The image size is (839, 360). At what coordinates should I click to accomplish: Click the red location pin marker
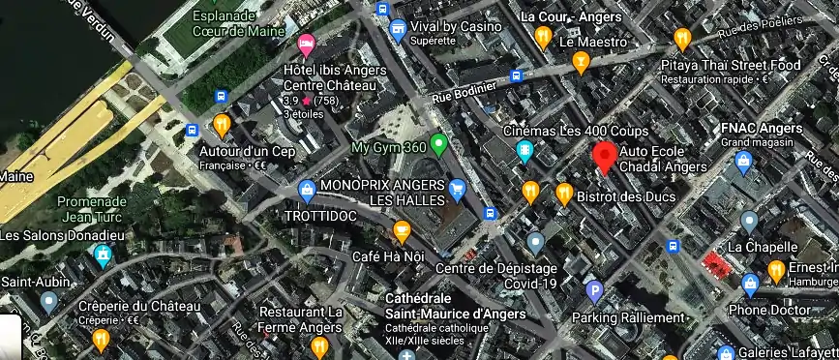tap(605, 156)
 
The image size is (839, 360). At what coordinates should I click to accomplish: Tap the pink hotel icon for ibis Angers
tap(307, 43)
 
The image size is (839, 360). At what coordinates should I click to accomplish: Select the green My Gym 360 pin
tap(438, 145)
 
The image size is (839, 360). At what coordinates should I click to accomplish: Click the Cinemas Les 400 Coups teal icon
tap(524, 150)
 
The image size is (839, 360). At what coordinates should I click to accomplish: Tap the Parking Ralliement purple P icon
tap(595, 289)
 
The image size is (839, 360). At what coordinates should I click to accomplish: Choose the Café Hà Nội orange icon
tap(401, 230)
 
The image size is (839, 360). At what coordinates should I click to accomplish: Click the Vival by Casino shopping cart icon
tap(397, 31)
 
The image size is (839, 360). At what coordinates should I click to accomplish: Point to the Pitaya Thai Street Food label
tap(730, 65)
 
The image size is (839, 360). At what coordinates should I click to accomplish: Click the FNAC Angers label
tap(762, 129)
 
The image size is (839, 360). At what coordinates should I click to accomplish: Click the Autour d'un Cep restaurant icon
tap(222, 125)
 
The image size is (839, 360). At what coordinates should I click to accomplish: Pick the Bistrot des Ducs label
tap(623, 196)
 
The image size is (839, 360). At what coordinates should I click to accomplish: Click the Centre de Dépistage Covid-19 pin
tap(535, 242)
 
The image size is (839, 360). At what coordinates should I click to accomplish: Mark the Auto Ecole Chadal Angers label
tap(663, 159)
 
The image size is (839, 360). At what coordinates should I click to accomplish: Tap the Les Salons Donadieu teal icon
tap(104, 256)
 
